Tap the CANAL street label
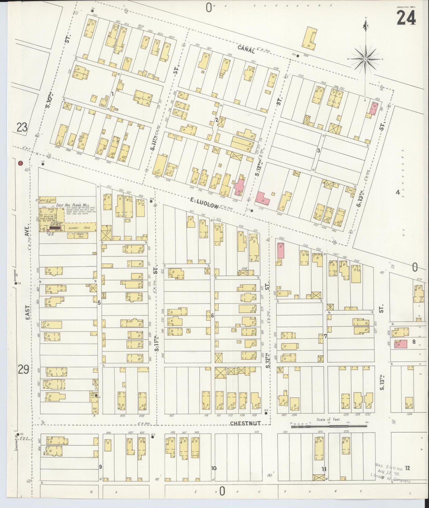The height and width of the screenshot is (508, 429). click(x=246, y=51)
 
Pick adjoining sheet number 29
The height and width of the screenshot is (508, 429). click(x=23, y=370)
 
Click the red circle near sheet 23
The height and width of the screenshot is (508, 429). click(x=20, y=163)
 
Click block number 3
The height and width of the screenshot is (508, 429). click(x=318, y=151)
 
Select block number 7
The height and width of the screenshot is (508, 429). click(x=325, y=336)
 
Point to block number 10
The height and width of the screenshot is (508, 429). click(x=213, y=468)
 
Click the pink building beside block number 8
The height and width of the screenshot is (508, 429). click(x=400, y=344)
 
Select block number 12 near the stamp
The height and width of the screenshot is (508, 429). click(x=407, y=468)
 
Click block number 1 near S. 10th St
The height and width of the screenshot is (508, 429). click(x=112, y=94)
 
